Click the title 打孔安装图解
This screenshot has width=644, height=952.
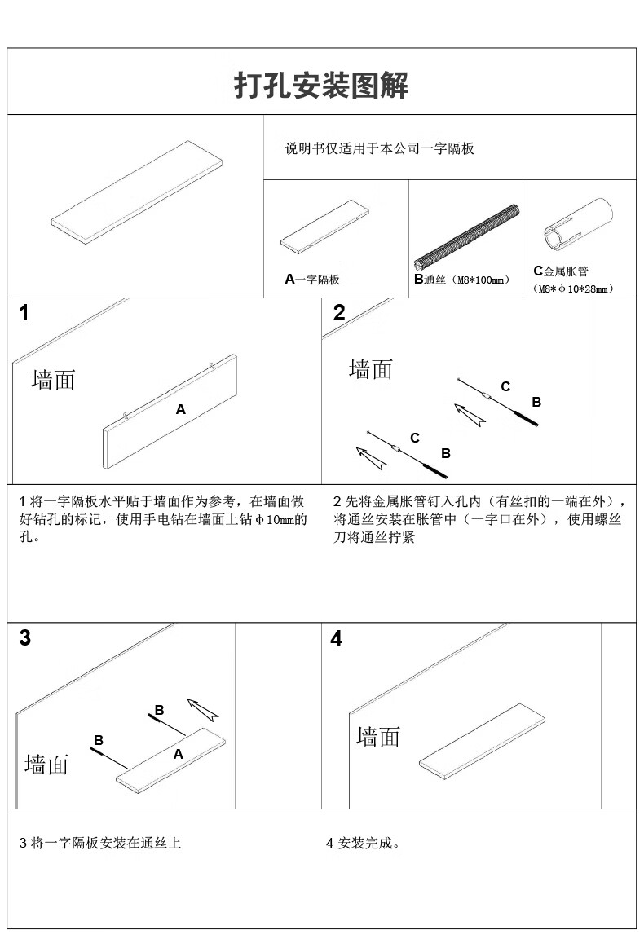[321, 85]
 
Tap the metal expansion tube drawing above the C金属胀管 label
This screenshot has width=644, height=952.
[580, 223]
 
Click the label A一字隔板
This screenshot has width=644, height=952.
[312, 280]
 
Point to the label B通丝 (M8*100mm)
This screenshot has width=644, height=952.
[461, 280]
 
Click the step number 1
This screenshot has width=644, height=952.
[24, 313]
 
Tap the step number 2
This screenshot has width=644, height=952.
[339, 313]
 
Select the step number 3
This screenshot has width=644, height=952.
[25, 638]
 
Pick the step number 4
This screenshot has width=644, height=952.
[337, 639]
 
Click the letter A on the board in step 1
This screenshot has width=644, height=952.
[181, 409]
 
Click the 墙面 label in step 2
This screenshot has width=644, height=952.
[371, 369]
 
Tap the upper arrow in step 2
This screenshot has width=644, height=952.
[470, 415]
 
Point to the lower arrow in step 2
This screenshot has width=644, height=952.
[370, 457]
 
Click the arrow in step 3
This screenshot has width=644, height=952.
[203, 709]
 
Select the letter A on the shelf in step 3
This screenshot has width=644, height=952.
[178, 755]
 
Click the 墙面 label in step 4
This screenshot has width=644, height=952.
[378, 737]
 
